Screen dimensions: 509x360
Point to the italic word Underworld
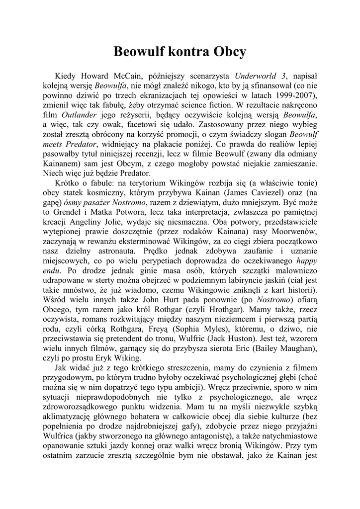pyautogui.click(x=257, y=76)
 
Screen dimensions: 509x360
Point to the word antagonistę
pyautogui.click(x=216, y=436)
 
